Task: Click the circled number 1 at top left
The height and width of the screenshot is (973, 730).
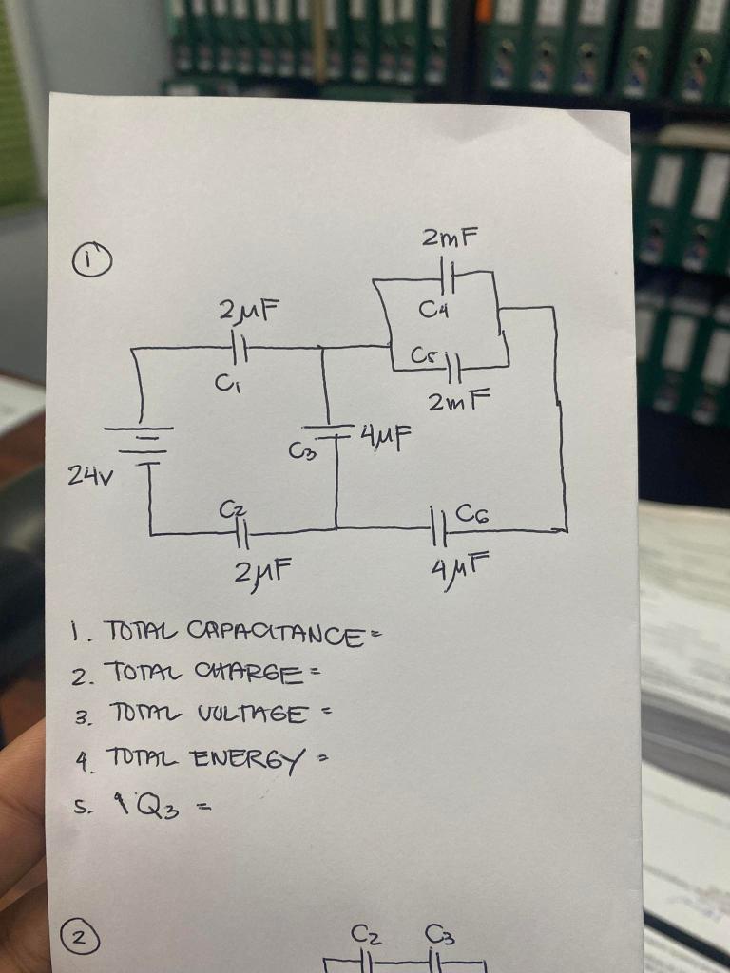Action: tap(92, 260)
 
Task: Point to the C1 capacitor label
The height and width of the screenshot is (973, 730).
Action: tap(222, 386)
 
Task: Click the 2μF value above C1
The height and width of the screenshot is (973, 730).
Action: tap(248, 310)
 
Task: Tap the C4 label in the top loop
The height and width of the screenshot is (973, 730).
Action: tap(432, 309)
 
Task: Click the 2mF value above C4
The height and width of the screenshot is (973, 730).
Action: tap(450, 238)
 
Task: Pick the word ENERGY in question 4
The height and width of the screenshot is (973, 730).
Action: tap(248, 759)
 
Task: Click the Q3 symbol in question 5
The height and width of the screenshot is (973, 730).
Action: tap(159, 808)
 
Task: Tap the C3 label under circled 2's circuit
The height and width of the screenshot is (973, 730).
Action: tap(440, 935)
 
